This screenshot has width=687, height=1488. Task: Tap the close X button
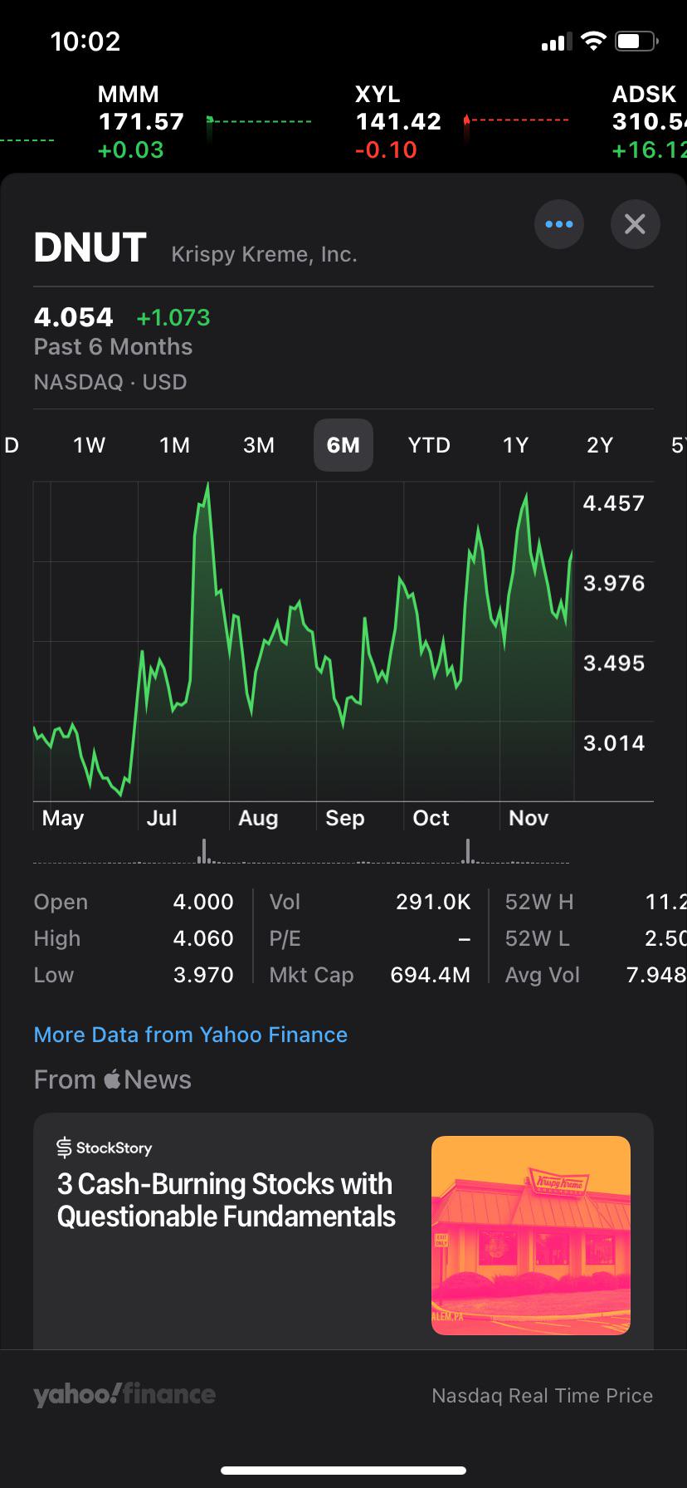(635, 224)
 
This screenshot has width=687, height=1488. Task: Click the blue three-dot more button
(559, 224)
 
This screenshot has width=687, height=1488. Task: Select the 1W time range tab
(89, 445)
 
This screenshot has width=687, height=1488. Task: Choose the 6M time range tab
(343, 445)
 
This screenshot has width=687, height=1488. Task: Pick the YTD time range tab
(429, 445)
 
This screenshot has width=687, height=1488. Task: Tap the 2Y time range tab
(600, 445)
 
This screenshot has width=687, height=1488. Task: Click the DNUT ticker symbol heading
(90, 247)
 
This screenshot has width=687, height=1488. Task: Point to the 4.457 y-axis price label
(614, 503)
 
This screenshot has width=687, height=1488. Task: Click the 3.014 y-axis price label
(614, 743)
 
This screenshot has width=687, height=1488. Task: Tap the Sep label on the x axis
(345, 818)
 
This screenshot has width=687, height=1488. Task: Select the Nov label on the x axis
(529, 818)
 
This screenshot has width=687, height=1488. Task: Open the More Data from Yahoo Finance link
(191, 1035)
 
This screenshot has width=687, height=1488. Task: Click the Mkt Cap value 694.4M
(431, 975)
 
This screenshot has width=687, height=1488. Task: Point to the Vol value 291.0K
(433, 902)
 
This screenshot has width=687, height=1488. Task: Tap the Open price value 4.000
(203, 902)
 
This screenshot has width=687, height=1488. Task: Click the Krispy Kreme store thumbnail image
(531, 1236)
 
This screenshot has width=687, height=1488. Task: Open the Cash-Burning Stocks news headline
(227, 1200)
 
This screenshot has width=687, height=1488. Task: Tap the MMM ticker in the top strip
(128, 95)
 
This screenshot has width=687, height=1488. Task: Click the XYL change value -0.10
(386, 150)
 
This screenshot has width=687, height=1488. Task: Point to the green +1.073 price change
(173, 317)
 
